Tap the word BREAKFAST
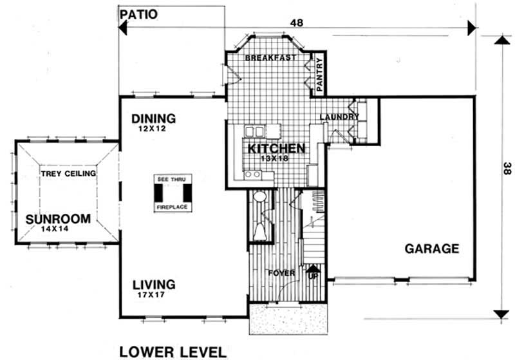(x=270, y=57)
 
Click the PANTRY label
(x=319, y=74)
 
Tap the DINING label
(x=153, y=118)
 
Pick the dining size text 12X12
(x=151, y=129)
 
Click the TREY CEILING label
(x=68, y=173)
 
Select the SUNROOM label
(x=58, y=219)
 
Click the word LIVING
(x=154, y=284)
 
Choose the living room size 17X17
(x=151, y=295)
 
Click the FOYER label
(x=283, y=273)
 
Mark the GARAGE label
(x=431, y=249)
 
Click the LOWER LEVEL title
(x=173, y=352)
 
